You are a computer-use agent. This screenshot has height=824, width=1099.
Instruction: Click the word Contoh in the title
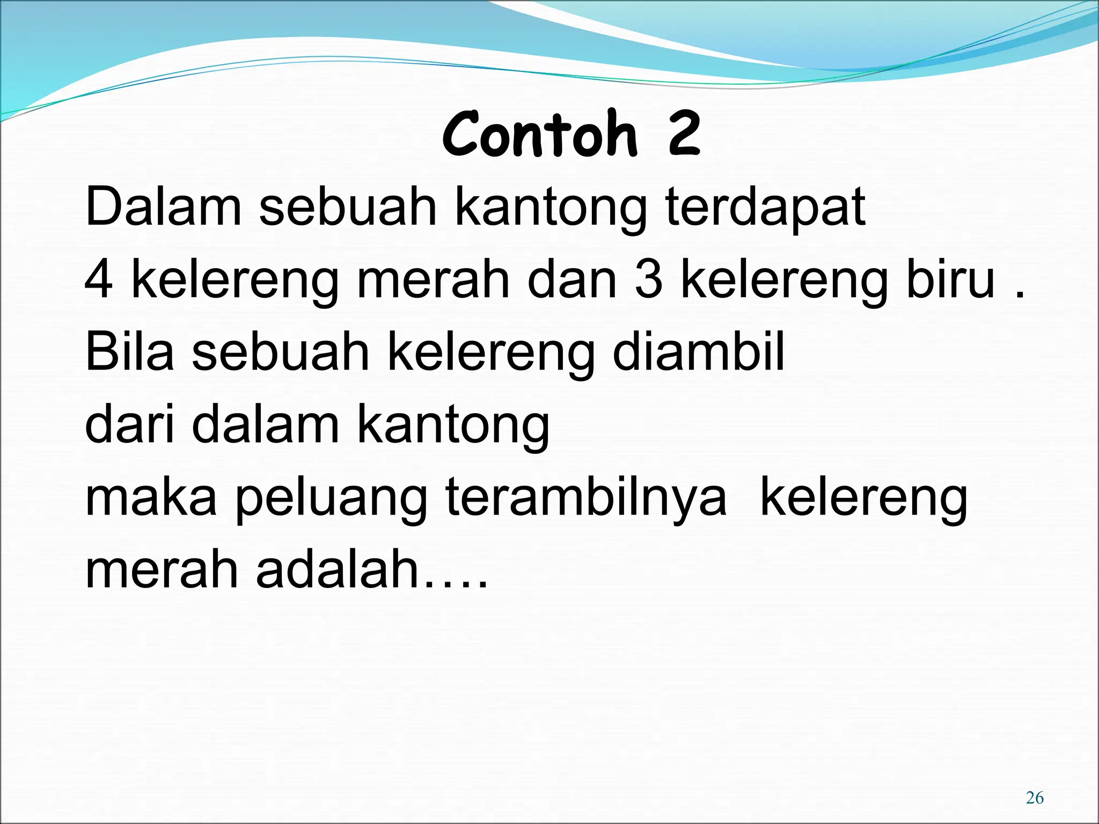[x=540, y=134]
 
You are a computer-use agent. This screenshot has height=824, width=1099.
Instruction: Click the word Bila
[x=129, y=352]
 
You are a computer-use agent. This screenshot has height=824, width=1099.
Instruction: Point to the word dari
[x=129, y=424]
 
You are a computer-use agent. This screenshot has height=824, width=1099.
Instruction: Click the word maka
[x=151, y=497]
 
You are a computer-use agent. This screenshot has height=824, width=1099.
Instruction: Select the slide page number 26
[x=1034, y=798]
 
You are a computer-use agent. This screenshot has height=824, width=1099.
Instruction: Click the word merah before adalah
[x=162, y=570]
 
